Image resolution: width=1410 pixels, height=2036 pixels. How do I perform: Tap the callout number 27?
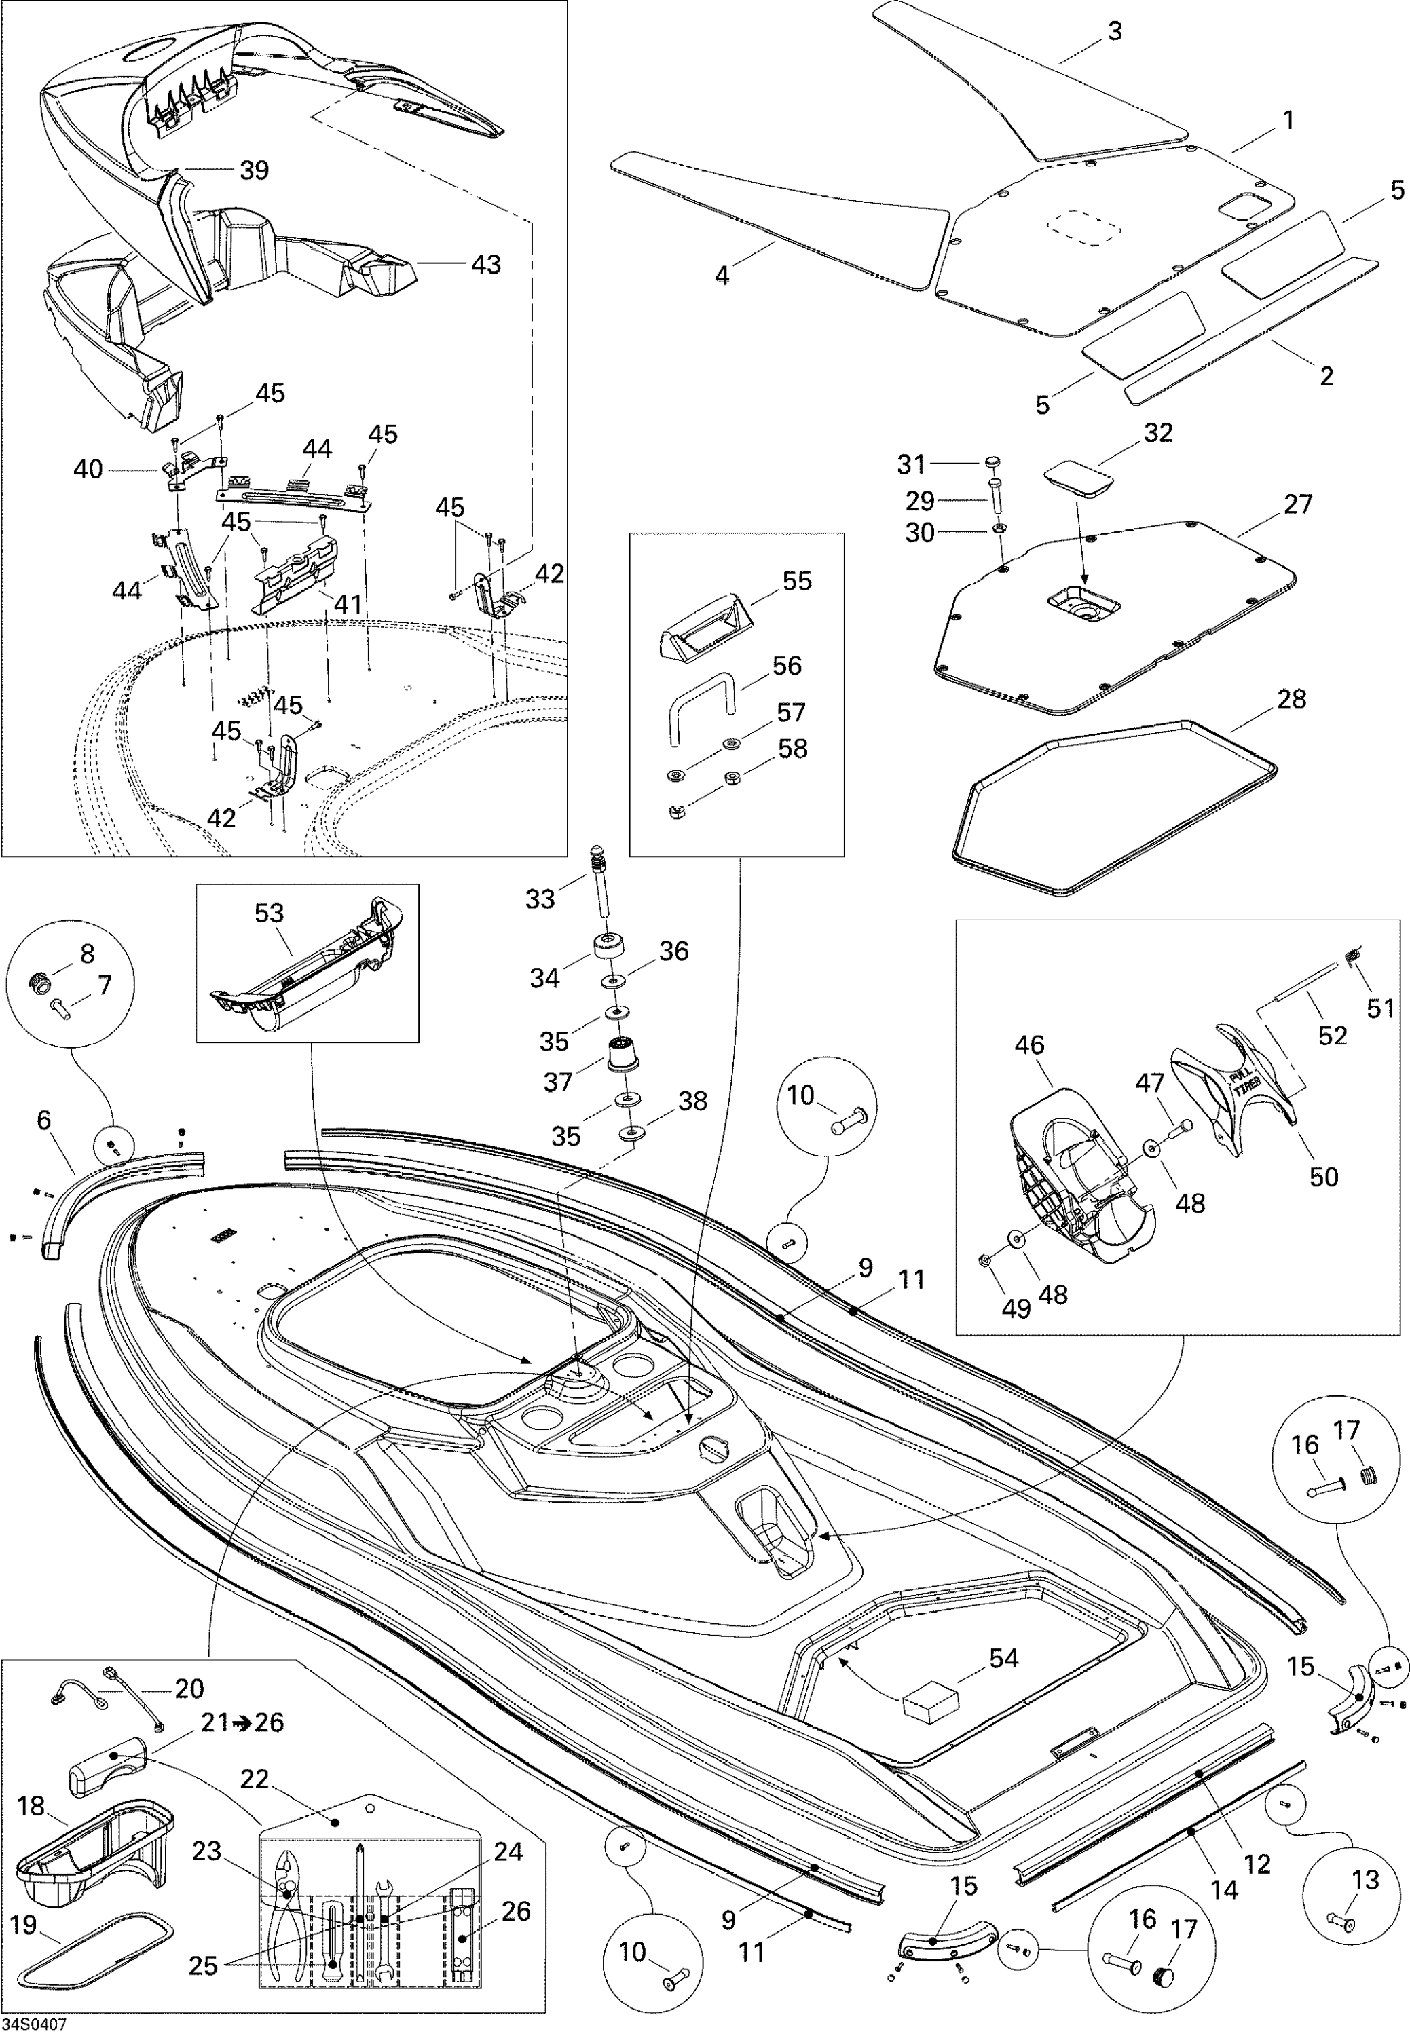[x=1298, y=504]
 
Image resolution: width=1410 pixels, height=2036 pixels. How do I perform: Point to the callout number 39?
[x=255, y=170]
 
